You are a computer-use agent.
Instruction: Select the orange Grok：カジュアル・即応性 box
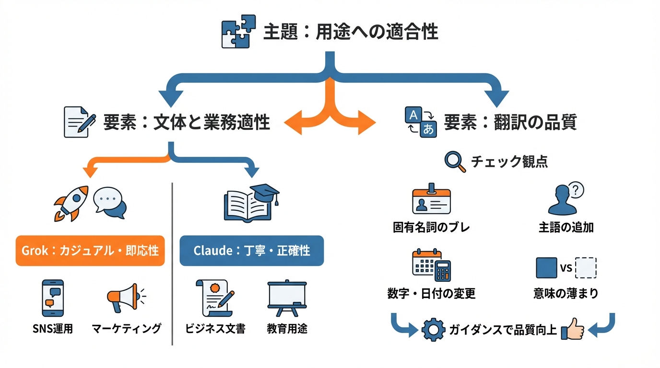click(90, 251)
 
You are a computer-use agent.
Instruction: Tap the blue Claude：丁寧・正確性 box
click(251, 251)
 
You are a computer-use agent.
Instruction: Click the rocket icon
click(71, 203)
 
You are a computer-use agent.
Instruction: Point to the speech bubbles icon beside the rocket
click(110, 202)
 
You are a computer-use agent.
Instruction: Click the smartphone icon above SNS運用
click(53, 298)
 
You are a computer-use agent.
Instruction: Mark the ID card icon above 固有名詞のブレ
click(431, 199)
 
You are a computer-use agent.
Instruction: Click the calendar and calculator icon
click(432, 265)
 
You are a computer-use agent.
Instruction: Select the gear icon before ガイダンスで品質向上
click(433, 330)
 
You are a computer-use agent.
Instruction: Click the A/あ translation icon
click(421, 122)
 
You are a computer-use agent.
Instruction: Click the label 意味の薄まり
click(566, 293)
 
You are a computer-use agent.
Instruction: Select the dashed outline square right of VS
click(585, 268)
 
